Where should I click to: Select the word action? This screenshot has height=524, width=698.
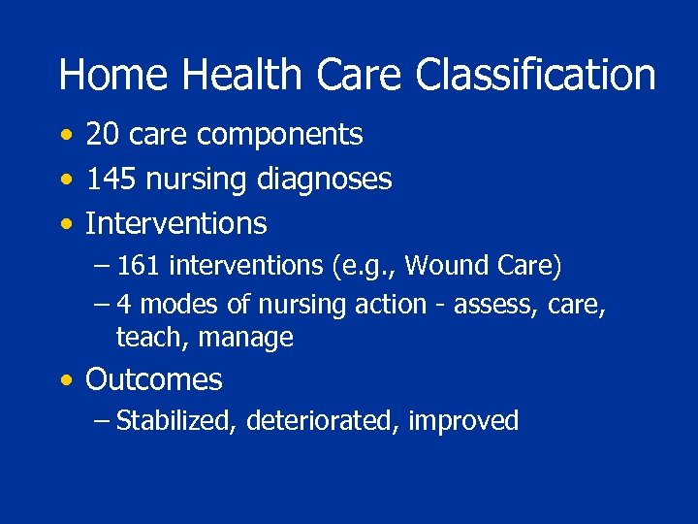[391, 305]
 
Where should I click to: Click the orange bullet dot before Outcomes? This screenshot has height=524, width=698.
[65, 381]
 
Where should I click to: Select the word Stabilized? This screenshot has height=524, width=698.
[175, 421]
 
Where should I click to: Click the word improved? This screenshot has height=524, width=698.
[463, 422]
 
